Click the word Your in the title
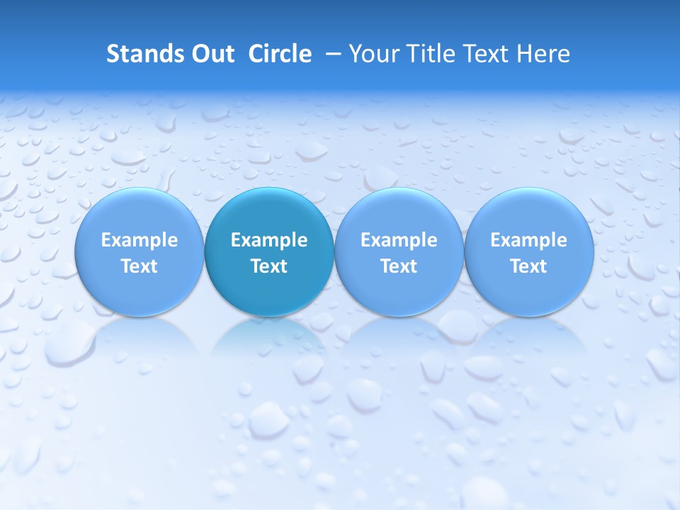point(372,54)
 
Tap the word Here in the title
point(543,54)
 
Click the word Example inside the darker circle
point(269,241)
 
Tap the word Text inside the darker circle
point(269,266)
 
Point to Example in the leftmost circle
point(139,241)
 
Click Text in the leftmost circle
point(139,266)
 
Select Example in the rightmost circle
point(528,241)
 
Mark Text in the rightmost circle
point(528,266)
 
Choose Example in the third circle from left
point(399,241)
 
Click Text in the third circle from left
point(399,266)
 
